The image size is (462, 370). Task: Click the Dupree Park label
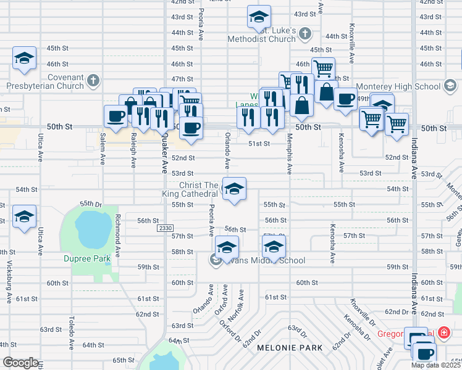pyautogui.click(x=87, y=259)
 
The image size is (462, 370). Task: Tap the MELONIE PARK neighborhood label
pyautogui.click(x=290, y=348)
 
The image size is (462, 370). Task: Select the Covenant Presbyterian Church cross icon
pyautogui.click(x=93, y=80)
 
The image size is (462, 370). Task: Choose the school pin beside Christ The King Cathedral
pyautogui.click(x=234, y=189)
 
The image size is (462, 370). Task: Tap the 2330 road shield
pyautogui.click(x=165, y=228)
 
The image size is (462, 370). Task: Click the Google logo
pyautogui.click(x=20, y=363)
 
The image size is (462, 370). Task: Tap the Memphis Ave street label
pyautogui.click(x=288, y=158)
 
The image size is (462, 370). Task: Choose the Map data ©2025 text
pyautogui.click(x=435, y=365)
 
